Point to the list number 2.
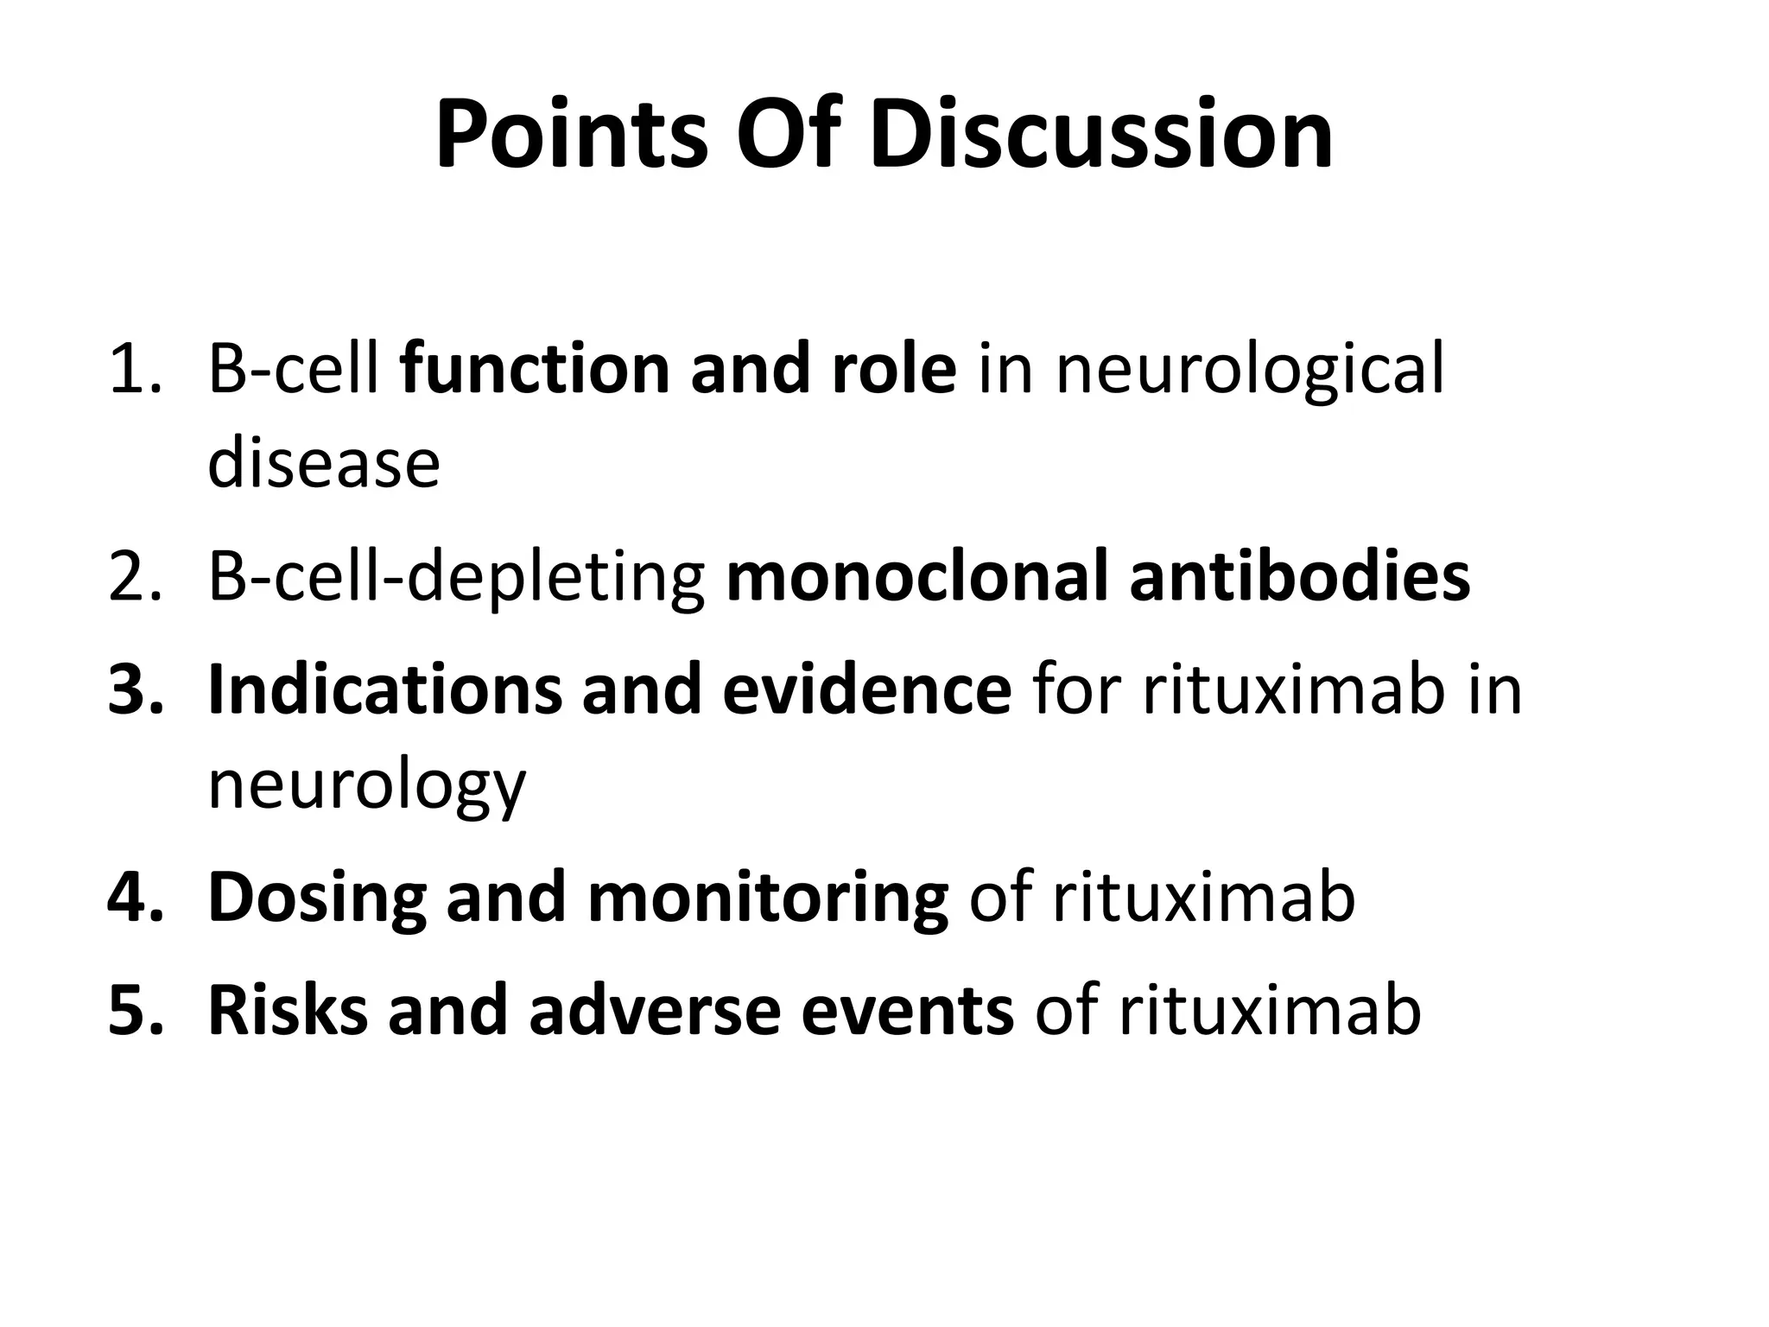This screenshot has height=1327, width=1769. click(x=134, y=577)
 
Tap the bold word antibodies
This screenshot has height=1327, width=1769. click(x=1299, y=577)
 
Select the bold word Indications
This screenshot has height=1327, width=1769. click(x=384, y=690)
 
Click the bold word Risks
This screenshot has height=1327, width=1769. click(x=287, y=1011)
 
